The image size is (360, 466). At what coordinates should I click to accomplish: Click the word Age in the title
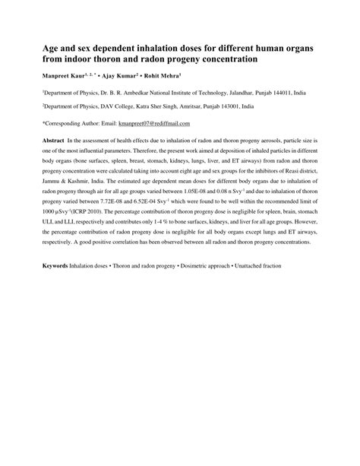click(x=49, y=47)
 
